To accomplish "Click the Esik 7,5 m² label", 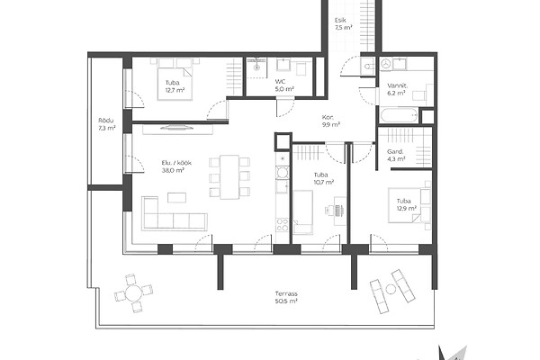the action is (343, 24).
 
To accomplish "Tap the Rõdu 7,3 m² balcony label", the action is (106, 124).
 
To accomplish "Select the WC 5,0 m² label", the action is (284, 85).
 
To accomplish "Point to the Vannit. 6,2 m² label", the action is (397, 89).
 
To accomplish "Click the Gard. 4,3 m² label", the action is (395, 155).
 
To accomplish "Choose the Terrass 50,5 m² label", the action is (286, 297).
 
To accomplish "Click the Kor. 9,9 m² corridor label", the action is (331, 121).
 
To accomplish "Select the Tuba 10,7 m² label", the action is (323, 178).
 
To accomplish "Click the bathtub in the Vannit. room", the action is (400, 115).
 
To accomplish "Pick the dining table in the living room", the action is (229, 176).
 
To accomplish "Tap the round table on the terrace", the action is (133, 293).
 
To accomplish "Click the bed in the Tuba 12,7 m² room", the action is (175, 79).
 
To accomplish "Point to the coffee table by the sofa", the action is (177, 197).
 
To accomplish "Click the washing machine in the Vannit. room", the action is (386, 64).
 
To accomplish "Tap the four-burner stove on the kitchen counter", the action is (283, 225).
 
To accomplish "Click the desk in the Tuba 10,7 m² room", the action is (339, 211).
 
